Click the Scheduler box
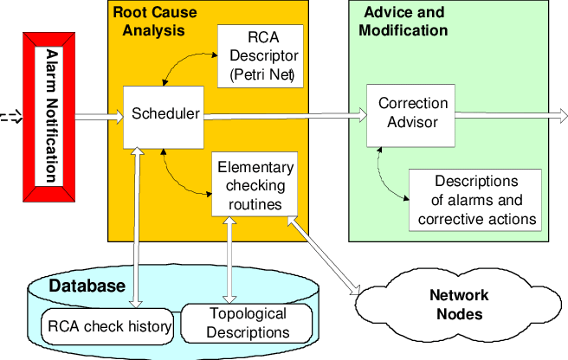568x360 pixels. pyautogui.click(x=164, y=116)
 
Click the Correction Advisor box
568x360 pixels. pyautogui.click(x=407, y=112)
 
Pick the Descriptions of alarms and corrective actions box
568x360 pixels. pyautogui.click(x=475, y=200)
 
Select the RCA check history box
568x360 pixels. pyautogui.click(x=109, y=326)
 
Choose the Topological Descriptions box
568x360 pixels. pyautogui.click(x=237, y=323)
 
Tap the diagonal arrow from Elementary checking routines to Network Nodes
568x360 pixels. pyautogui.click(x=326, y=256)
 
